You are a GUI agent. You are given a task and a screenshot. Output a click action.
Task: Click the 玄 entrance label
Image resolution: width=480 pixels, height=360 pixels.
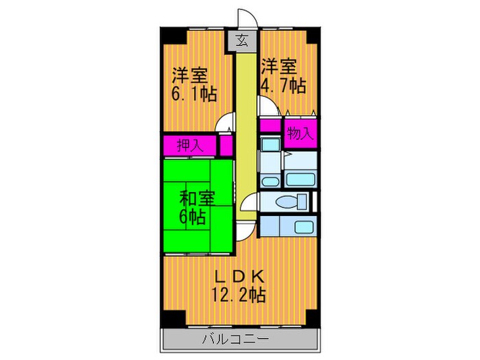click(243, 40)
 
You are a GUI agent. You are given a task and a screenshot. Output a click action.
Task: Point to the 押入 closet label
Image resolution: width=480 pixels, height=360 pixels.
click(189, 145)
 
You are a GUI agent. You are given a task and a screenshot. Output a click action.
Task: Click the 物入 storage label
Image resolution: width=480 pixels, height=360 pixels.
click(300, 134)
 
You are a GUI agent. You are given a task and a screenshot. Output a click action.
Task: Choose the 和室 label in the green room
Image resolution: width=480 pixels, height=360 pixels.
click(197, 199)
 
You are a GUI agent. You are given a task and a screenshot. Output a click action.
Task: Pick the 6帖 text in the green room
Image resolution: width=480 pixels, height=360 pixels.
click(192, 217)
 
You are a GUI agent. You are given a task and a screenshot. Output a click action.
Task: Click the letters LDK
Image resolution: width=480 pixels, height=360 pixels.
click(239, 278)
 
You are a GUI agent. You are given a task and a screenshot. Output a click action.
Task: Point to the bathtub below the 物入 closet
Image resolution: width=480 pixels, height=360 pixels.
click(299, 180)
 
